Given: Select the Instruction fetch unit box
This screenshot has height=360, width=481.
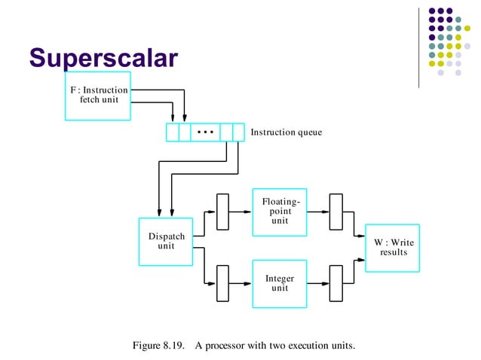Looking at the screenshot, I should tap(98, 96).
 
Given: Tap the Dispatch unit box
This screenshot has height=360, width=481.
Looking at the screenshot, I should tap(166, 242).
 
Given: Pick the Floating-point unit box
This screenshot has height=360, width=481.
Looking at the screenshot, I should tap(280, 211).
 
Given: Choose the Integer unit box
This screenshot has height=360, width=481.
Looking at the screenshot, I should tap(280, 283).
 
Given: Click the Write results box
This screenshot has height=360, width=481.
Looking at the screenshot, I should tap(392, 248).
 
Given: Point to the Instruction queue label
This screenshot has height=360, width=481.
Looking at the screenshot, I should tap(286, 133).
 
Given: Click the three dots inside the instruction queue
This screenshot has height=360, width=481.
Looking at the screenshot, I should tap(205, 132).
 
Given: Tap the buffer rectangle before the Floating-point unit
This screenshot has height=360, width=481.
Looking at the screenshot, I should tap(222, 212).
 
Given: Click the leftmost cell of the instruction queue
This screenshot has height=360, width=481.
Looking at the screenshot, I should tap(172, 132).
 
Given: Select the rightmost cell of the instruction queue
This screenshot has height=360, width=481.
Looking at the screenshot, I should tap(239, 132).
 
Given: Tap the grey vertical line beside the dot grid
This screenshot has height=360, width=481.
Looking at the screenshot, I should tap(418, 47).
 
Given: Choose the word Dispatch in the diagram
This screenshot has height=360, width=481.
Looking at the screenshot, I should tap(166, 236).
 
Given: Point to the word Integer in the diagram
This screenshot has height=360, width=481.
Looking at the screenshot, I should tap(280, 279).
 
